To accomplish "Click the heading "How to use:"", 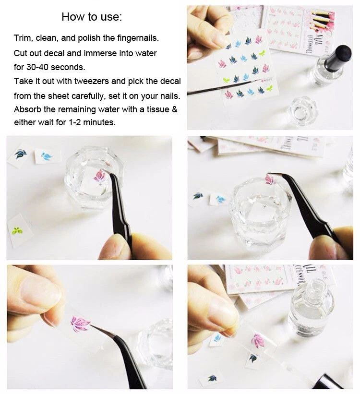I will [x=92, y=17].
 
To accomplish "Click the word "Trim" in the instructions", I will [x=23, y=38].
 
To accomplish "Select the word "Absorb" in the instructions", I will [x=27, y=109].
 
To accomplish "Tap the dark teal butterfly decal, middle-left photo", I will [x=21, y=154].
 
